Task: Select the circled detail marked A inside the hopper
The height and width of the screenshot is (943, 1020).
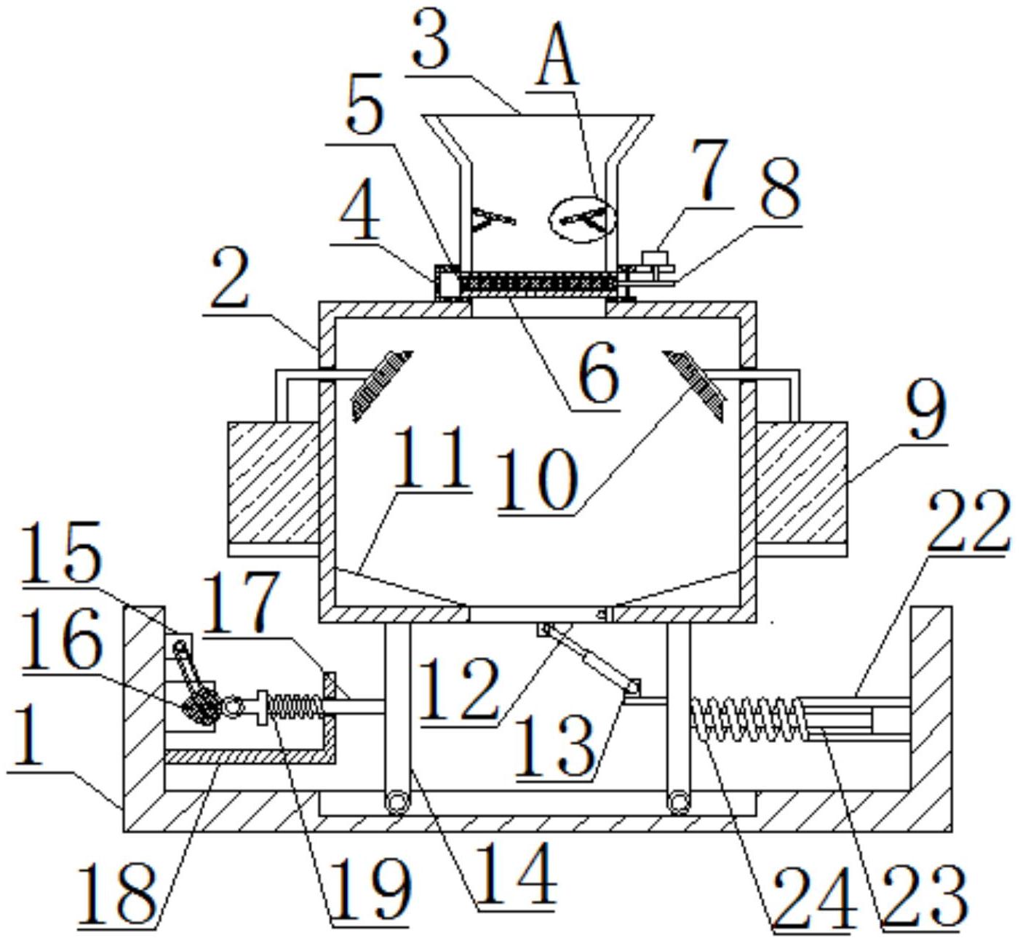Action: [x=582, y=219]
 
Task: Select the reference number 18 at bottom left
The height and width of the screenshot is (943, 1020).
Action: [x=116, y=893]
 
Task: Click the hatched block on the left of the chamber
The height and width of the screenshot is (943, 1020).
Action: [x=274, y=482]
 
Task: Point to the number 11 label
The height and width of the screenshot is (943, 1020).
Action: [x=431, y=459]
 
